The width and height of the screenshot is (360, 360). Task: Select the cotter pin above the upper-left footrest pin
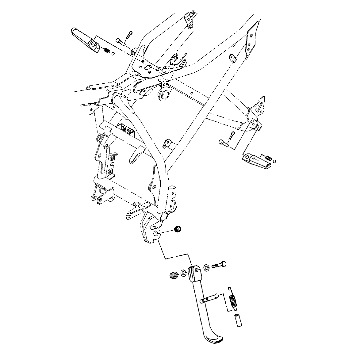pyautogui.click(x=130, y=35)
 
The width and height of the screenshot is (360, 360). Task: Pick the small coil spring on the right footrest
pyautogui.click(x=268, y=158)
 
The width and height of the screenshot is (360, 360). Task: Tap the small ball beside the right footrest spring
pyautogui.click(x=274, y=161)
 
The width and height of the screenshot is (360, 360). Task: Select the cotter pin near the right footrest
pyautogui.click(x=232, y=135)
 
